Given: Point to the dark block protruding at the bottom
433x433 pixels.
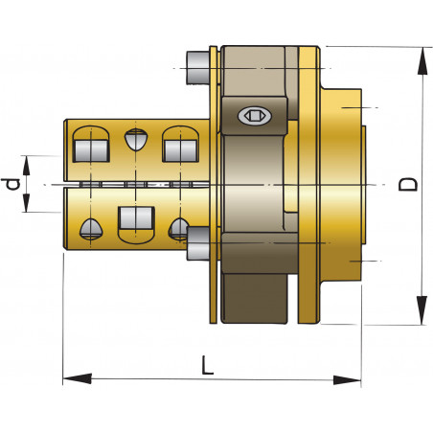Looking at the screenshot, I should pyautogui.click(x=256, y=297).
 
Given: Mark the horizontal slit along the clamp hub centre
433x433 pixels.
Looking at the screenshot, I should pyautogui.click(x=134, y=183).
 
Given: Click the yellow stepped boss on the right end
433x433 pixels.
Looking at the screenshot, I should pyautogui.click(x=343, y=183).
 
